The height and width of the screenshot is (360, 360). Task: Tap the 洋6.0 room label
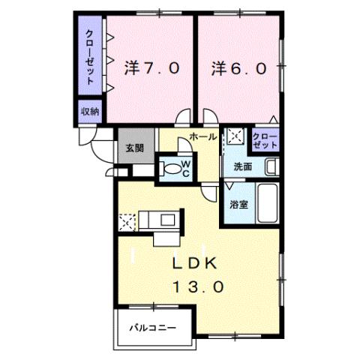click(238, 68)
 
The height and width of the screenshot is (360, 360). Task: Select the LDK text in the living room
click(196, 264)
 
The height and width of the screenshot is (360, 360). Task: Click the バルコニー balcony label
click(151, 328)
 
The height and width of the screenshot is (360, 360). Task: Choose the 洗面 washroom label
click(242, 166)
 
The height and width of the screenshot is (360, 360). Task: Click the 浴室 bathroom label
click(238, 203)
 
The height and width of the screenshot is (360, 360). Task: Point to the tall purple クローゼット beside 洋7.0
click(90, 56)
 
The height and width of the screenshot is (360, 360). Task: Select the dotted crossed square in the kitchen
click(127, 222)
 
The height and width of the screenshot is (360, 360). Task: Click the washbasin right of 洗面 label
click(273, 165)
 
